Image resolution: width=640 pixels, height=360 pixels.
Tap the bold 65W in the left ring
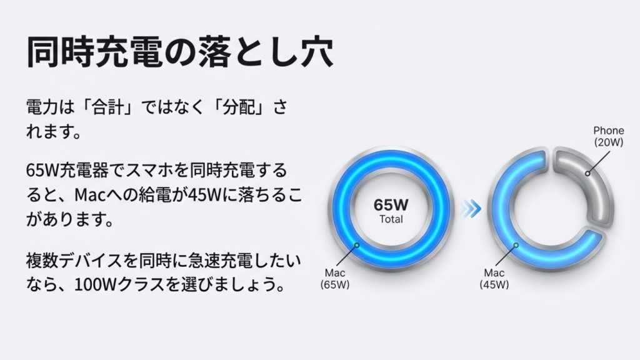391,205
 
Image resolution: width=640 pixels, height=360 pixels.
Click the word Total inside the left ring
391,219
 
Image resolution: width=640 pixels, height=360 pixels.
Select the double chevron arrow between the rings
471,209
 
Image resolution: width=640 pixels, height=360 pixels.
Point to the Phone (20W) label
608,136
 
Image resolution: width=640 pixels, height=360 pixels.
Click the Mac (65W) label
336,278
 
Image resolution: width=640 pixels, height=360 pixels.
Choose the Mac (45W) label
494,278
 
